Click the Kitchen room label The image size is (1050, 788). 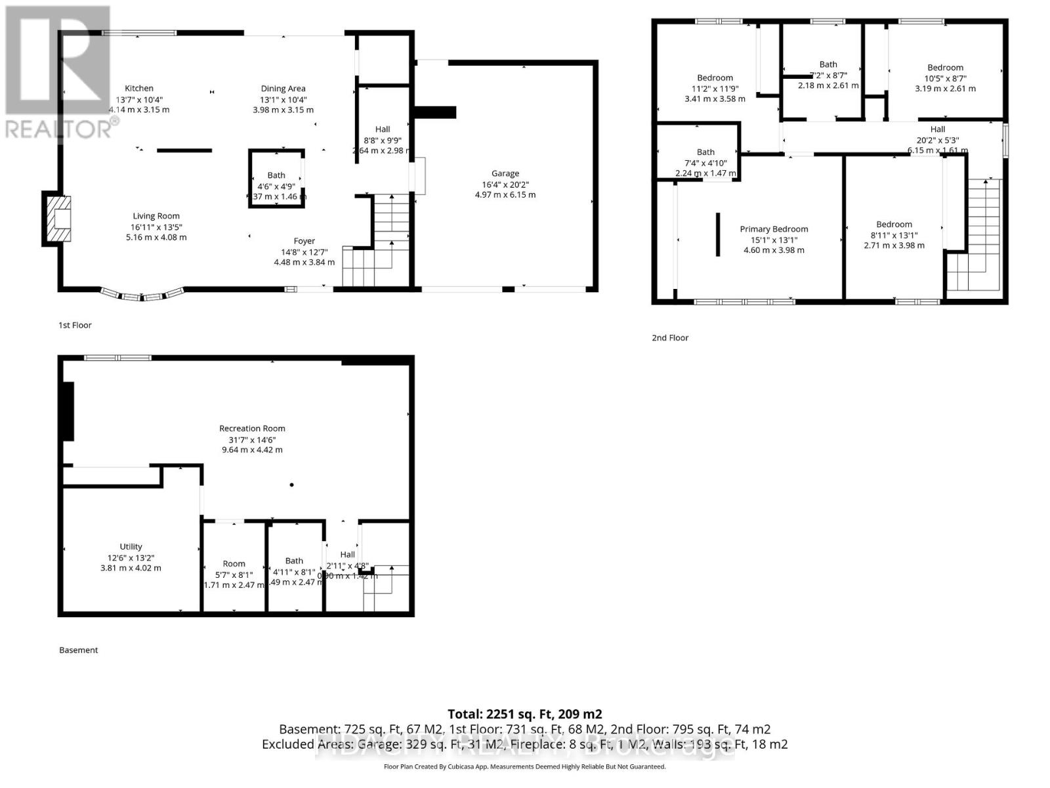pos(139,88)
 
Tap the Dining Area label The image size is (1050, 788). pos(283,88)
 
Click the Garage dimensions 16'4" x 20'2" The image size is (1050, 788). pos(505,184)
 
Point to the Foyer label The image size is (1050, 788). pos(304,241)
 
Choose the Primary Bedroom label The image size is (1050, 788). pos(774,229)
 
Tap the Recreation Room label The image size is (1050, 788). pos(252,428)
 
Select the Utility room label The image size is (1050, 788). pos(131,546)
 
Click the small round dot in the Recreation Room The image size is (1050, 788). pos(291,485)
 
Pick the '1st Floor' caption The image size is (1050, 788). pos(75,325)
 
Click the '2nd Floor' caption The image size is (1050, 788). pos(670,338)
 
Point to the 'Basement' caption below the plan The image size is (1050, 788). pos(78,650)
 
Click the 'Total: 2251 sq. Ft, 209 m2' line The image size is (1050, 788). pos(524,714)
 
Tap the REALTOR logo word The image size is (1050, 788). pos(58,129)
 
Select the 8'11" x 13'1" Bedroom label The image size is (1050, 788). pos(894,225)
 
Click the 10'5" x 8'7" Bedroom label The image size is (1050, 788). pos(945,68)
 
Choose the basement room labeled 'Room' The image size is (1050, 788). pos(234,563)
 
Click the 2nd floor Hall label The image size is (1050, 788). pos(937,129)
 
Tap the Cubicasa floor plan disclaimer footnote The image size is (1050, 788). pos(524,766)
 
